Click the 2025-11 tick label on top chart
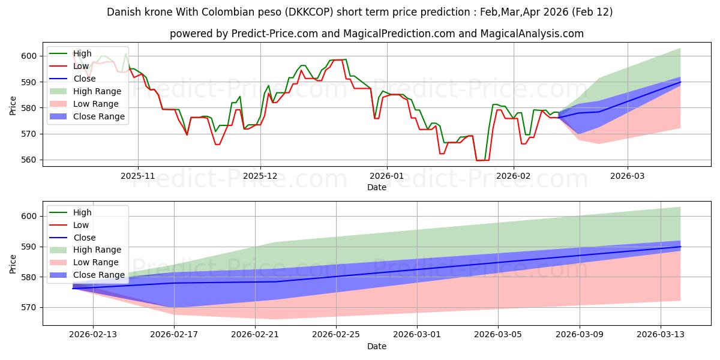(138, 176)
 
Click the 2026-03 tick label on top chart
(628, 176)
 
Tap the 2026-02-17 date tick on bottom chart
(174, 335)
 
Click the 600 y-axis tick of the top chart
(31, 56)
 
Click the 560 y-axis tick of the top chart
(31, 160)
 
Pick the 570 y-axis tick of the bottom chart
(31, 307)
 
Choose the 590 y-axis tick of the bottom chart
(31, 247)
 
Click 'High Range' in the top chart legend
(97, 91)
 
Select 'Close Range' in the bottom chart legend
(99, 275)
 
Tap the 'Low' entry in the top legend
(80, 66)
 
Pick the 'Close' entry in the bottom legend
(84, 238)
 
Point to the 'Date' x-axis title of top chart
(376, 188)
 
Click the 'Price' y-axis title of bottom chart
(13, 263)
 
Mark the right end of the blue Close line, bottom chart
(680, 247)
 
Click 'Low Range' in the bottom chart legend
(97, 262)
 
